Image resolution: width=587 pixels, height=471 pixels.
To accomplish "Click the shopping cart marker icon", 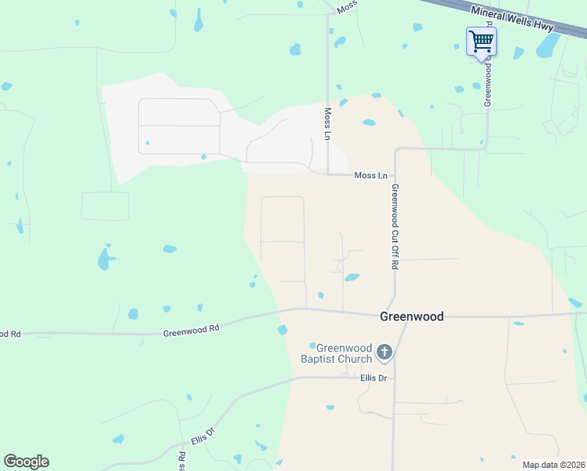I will (480, 41).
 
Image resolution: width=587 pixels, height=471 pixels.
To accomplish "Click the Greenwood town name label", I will (411, 317).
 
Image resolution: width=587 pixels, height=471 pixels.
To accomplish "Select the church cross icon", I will (384, 352).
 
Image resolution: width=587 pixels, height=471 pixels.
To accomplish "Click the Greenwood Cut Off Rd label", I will (395, 227).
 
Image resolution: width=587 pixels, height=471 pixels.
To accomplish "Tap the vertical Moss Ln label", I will (327, 124).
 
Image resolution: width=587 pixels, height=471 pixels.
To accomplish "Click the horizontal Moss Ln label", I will (370, 175).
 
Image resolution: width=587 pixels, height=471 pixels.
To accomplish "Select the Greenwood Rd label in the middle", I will (191, 330).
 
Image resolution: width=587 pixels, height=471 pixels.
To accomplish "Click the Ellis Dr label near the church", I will (374, 378).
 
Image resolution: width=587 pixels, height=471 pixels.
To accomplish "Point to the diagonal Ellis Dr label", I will (203, 436).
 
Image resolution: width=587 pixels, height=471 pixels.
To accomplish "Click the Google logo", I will (26, 462).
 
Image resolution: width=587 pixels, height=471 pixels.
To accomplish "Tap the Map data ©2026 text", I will (554, 465).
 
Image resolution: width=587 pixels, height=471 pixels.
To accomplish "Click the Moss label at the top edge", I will (347, 7).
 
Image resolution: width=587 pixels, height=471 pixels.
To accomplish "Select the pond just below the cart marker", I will (476, 86).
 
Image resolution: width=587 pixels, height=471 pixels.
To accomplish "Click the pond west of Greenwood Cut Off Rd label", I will (352, 277).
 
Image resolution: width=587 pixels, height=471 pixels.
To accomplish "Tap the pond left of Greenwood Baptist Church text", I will (312, 345).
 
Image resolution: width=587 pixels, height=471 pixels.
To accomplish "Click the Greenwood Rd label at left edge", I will (10, 334).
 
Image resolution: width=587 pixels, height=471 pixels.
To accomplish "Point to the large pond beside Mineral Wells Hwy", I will (548, 47).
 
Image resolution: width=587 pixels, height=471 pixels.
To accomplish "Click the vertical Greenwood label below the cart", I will (487, 85).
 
